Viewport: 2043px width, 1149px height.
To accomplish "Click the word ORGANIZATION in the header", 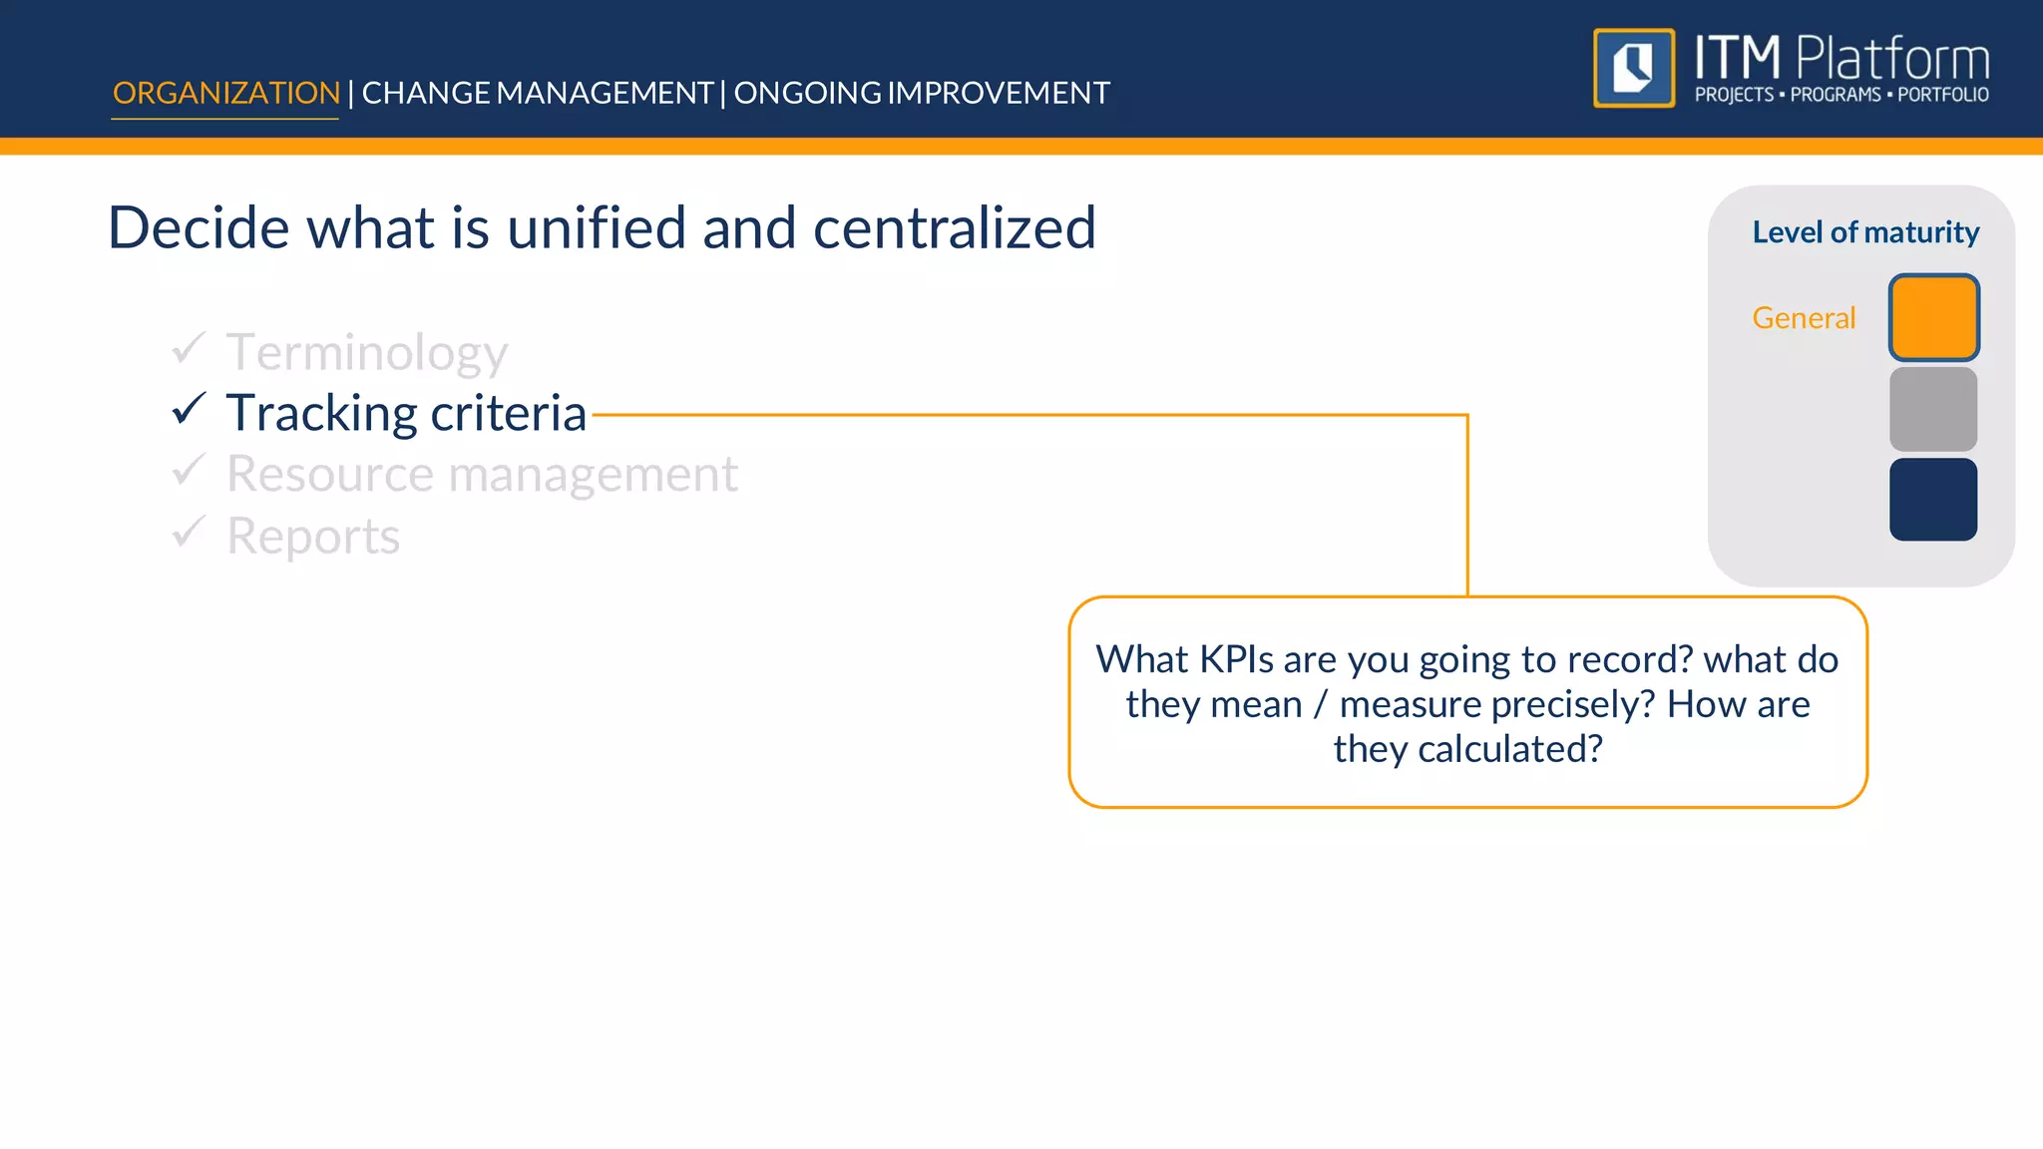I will click(x=226, y=93).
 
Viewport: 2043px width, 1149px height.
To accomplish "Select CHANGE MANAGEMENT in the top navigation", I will click(x=537, y=93).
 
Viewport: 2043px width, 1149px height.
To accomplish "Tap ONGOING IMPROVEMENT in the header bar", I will click(x=922, y=93).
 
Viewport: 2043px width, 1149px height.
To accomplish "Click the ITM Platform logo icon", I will click(x=1634, y=68).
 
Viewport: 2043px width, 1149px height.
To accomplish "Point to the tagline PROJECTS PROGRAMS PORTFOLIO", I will click(x=1841, y=95).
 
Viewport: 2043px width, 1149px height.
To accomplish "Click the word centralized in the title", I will click(x=954, y=228).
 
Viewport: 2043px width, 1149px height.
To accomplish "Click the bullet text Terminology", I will click(x=367, y=353).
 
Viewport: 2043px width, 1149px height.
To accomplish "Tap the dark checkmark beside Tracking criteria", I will click(x=189, y=409).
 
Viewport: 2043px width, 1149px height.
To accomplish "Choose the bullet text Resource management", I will click(x=482, y=475).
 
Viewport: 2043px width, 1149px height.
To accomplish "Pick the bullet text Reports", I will click(x=313, y=537).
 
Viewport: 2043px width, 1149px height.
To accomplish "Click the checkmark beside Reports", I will click(x=189, y=532).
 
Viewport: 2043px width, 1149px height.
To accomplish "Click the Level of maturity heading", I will click(x=1865, y=232).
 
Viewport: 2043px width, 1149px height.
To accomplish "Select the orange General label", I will click(x=1804, y=318).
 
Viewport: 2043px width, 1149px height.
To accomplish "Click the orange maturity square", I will click(x=1933, y=317).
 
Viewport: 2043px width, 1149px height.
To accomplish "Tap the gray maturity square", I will click(x=1933, y=409).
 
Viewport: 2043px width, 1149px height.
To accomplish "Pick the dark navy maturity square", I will click(x=1933, y=500).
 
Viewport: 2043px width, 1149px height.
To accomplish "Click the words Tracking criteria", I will click(x=406, y=414).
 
